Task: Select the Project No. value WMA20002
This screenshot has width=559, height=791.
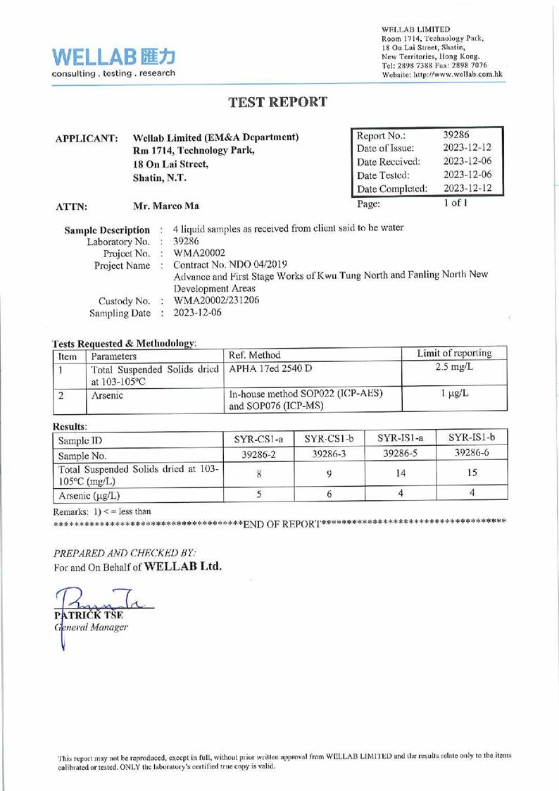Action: click(199, 252)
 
